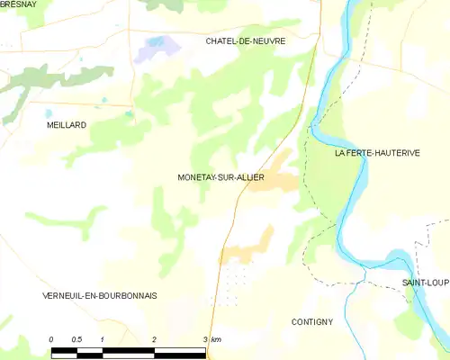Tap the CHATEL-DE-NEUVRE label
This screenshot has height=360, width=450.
(246, 41)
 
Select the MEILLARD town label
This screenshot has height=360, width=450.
(67, 125)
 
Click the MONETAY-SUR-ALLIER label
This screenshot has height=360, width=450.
(221, 177)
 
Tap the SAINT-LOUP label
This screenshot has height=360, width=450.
(425, 283)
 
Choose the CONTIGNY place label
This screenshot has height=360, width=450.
(312, 321)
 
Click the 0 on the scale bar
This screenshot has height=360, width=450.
(51, 338)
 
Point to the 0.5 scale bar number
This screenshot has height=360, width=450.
(76, 338)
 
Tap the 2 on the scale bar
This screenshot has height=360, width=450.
(155, 338)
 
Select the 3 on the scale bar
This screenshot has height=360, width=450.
(206, 338)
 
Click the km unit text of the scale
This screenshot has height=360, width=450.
(217, 338)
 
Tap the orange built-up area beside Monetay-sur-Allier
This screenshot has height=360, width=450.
(277, 175)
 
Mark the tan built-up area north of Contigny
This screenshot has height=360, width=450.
(247, 247)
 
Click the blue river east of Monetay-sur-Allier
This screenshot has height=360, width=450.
(346, 193)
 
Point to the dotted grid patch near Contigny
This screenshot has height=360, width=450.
(234, 279)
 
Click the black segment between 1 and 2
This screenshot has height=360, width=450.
(129, 348)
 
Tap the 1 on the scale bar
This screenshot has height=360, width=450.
(103, 338)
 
